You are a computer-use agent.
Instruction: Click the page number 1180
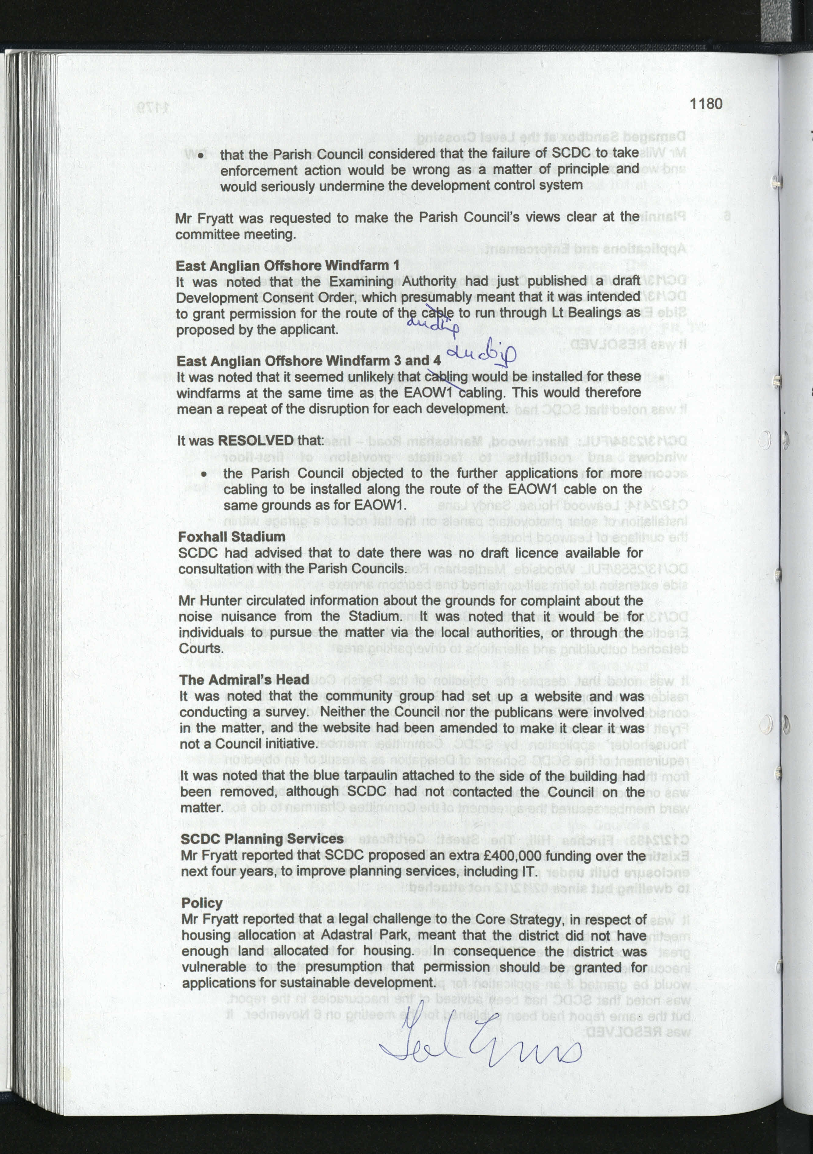[x=705, y=104]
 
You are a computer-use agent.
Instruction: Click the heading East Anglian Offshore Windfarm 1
[x=287, y=265]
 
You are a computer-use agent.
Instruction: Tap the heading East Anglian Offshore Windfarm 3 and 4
[x=308, y=361]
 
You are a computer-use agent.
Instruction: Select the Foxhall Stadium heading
[x=232, y=537]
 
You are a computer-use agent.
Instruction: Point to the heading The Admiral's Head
[x=244, y=680]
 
